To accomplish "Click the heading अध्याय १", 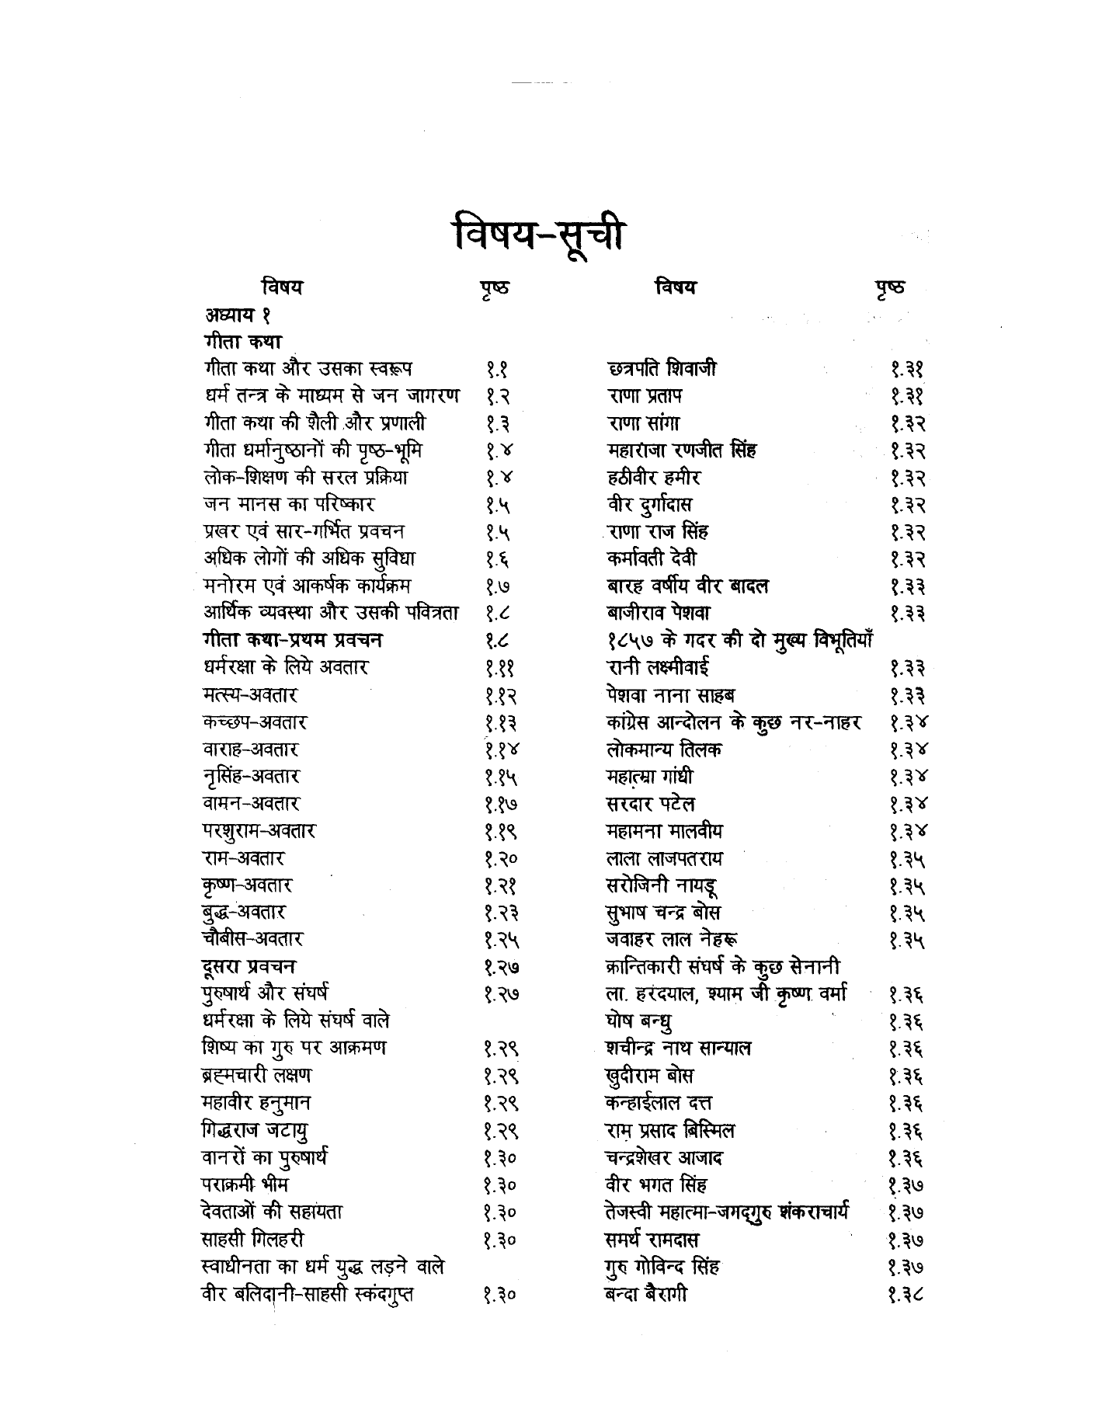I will tap(236, 315).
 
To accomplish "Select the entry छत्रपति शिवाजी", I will tap(661, 369).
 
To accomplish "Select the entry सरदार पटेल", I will tap(650, 804).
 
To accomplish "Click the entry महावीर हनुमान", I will tap(256, 1103).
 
